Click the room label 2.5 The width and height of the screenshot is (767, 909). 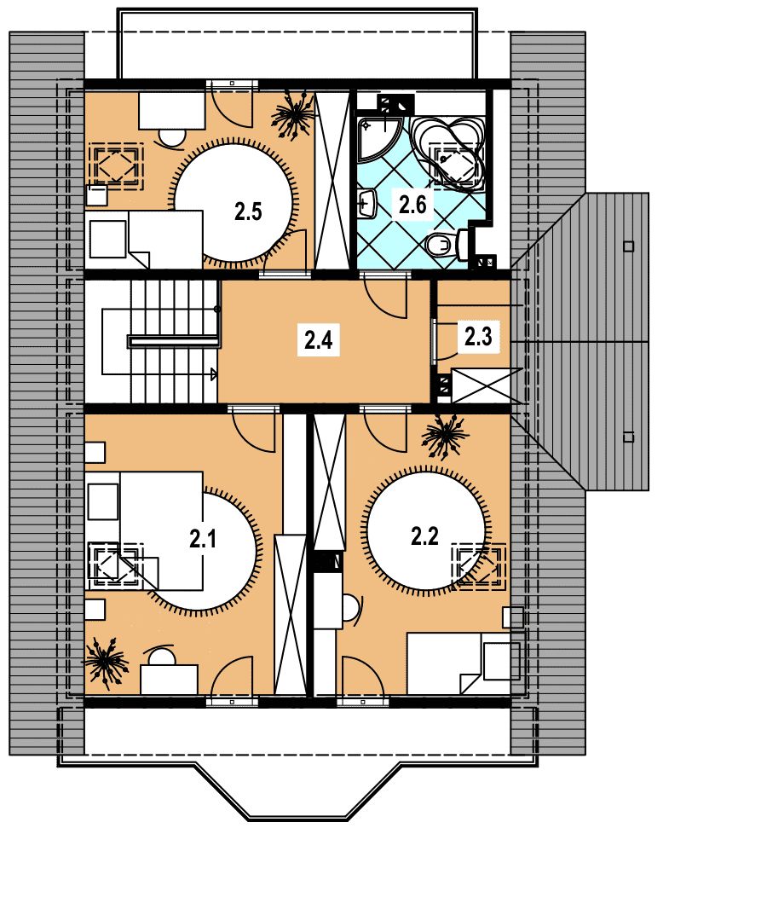(248, 211)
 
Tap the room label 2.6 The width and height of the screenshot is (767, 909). (412, 205)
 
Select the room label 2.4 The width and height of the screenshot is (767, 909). (318, 339)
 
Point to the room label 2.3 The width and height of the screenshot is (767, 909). (478, 336)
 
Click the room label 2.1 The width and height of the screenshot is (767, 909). (203, 539)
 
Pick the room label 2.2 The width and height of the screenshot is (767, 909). (424, 536)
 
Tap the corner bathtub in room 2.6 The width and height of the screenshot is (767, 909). (447, 153)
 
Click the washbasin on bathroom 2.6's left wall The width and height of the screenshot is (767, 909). (366, 204)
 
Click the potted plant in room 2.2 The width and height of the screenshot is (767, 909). (444, 437)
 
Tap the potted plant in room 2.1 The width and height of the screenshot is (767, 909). (106, 663)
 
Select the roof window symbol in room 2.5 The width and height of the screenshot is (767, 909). (116, 166)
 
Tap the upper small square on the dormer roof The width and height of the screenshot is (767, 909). (629, 246)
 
